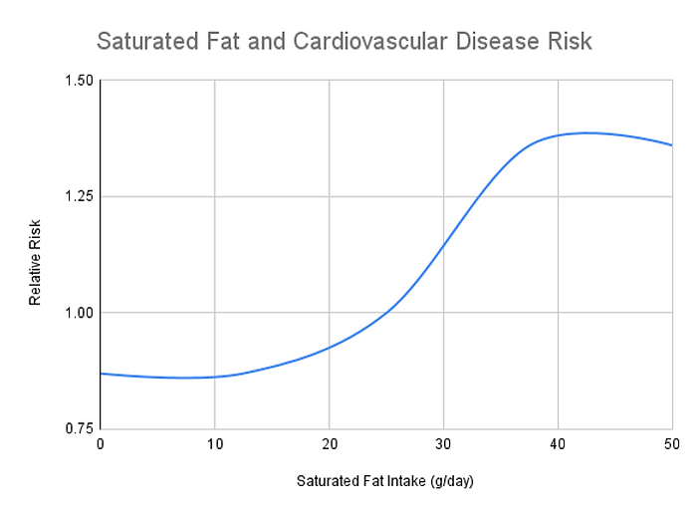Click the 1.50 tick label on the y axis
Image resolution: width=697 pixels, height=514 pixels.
point(77,81)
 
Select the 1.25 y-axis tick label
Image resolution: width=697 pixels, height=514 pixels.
point(77,196)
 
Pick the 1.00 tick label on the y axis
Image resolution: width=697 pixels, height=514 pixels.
point(77,313)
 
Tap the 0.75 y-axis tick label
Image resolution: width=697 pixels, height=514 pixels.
point(77,428)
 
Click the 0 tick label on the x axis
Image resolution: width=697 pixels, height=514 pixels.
point(100,445)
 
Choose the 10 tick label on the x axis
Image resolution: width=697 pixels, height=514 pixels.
point(214,445)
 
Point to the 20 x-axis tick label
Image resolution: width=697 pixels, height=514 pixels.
point(329,445)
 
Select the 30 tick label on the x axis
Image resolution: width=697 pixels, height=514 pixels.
point(443,445)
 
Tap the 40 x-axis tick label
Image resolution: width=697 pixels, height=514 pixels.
point(558,445)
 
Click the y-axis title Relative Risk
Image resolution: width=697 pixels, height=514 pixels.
point(35,255)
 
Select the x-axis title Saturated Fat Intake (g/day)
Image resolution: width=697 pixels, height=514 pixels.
point(385,481)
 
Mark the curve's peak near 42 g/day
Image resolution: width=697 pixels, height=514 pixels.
point(585,132)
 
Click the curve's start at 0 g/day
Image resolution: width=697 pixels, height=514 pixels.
point(101,374)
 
